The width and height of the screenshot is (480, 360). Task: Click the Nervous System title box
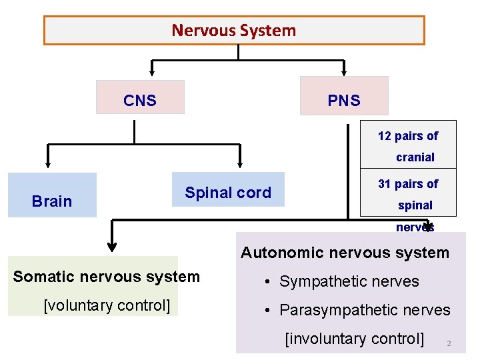coord(234,31)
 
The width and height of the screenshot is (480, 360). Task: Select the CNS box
coord(140,101)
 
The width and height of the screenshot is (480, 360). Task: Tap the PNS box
coord(344,101)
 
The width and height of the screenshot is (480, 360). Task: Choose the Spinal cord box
coord(228,193)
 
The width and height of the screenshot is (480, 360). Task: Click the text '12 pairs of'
coord(408,136)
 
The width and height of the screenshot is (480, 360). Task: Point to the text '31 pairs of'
coord(408,184)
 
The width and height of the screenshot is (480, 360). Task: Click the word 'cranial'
coord(415,157)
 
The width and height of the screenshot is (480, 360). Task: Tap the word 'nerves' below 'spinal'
coord(415,227)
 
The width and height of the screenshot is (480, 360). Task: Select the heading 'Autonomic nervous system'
coord(345,253)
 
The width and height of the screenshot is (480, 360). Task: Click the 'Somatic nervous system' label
coord(107,277)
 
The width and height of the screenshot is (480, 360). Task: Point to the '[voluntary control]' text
coord(107,305)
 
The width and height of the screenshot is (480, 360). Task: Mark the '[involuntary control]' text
coord(354,339)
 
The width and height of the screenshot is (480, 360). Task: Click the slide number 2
coord(449,344)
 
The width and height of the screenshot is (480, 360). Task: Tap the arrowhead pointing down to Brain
coord(48,161)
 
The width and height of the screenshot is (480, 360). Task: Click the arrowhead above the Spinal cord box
coord(240,161)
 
